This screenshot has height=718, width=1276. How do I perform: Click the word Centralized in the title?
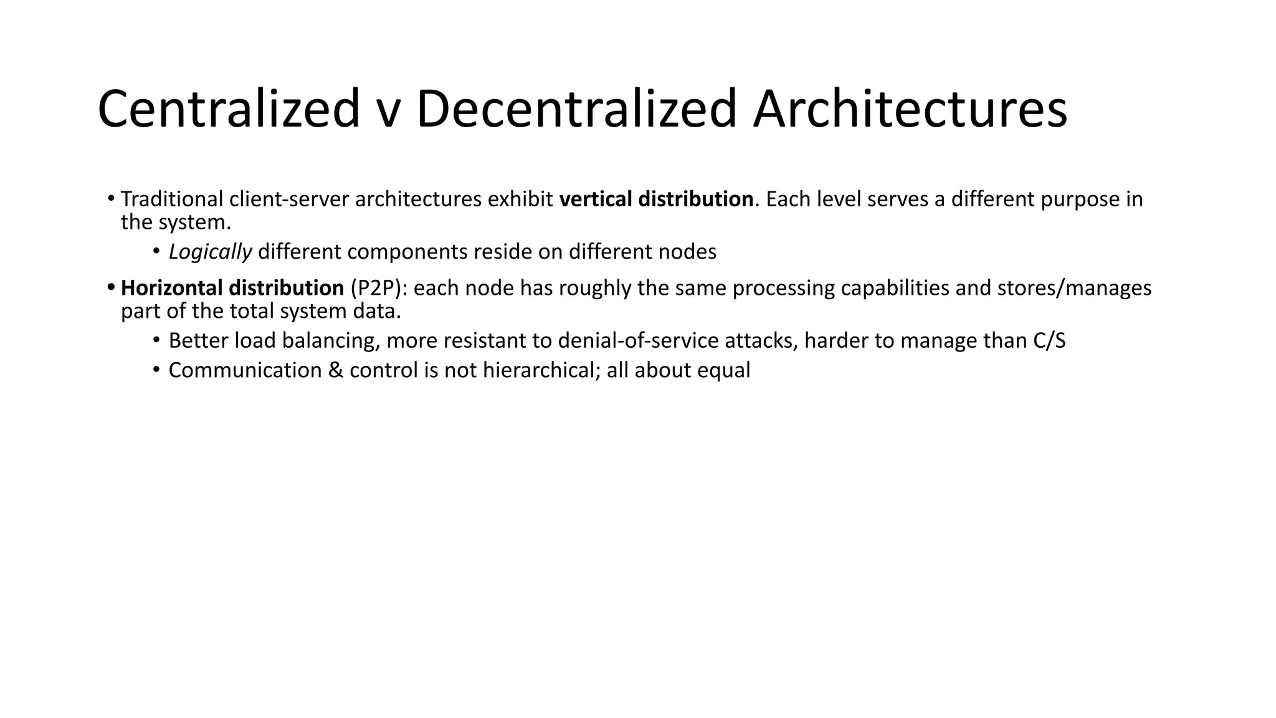[x=229, y=110]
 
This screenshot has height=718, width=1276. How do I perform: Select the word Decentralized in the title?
[x=576, y=110]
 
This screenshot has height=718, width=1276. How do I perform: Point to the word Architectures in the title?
[x=910, y=110]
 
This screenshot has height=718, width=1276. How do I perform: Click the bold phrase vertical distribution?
[x=657, y=199]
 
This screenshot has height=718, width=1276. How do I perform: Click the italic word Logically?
[x=210, y=252]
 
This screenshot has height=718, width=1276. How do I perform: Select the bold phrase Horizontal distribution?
[x=232, y=288]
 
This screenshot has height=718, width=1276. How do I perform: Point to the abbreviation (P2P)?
[x=374, y=288]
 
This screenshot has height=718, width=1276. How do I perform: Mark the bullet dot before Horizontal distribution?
[x=111, y=288]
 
